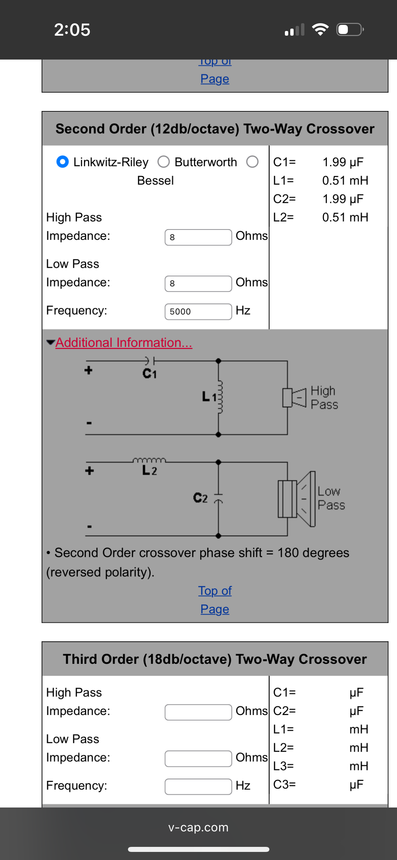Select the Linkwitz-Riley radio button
(x=63, y=162)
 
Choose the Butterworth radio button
(x=164, y=162)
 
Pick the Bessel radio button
(x=252, y=162)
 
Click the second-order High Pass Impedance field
(x=198, y=237)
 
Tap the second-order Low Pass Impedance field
(x=198, y=284)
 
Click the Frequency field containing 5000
(x=198, y=312)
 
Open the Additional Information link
(x=124, y=343)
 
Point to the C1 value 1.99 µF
(x=343, y=162)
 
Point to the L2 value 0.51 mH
(x=345, y=217)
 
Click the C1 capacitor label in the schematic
(x=150, y=373)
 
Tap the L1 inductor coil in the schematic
(x=219, y=397)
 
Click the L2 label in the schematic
(x=150, y=470)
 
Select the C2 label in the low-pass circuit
(x=200, y=498)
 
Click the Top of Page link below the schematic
(x=215, y=600)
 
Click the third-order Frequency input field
(x=198, y=787)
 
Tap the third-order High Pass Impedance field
(x=198, y=712)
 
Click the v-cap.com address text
(x=198, y=827)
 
